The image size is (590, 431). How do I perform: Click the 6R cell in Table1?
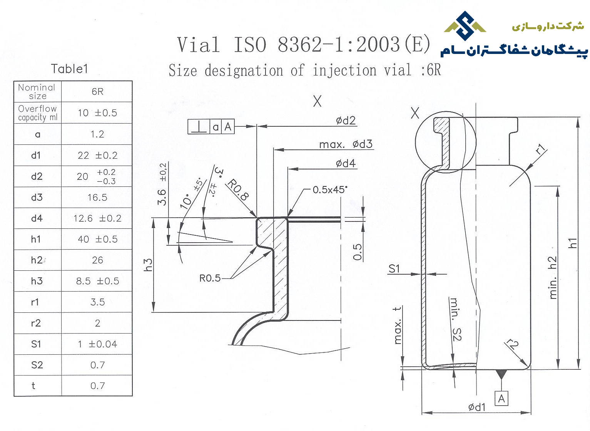pos(97,91)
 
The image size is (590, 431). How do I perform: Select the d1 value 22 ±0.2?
pos(97,155)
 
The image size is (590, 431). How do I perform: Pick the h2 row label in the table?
pos(37,260)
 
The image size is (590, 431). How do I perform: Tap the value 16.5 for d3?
pos(97,198)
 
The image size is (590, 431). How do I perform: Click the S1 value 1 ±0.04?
pos(97,344)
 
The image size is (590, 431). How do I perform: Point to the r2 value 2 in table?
pos(97,323)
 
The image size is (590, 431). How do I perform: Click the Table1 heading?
pos(69,69)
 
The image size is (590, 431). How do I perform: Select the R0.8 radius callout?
pos(238,190)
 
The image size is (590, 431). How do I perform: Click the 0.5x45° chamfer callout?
pos(330,190)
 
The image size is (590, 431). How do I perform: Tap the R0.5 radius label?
pos(210,278)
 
